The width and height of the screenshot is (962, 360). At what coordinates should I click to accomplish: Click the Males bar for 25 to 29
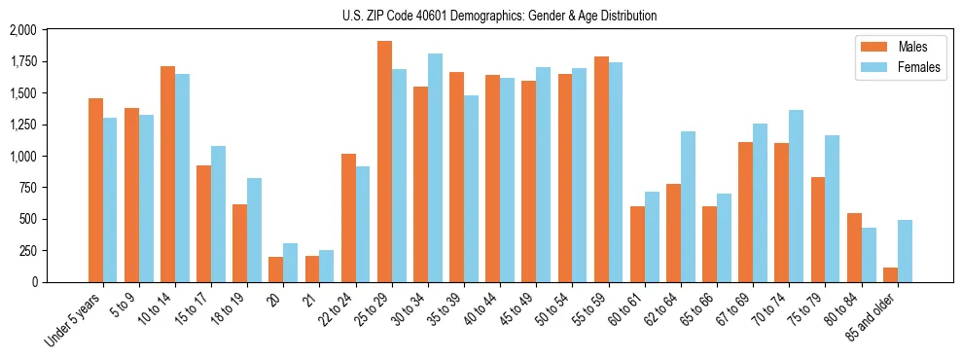[x=384, y=162]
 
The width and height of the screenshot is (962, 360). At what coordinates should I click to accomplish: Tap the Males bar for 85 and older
[x=890, y=274]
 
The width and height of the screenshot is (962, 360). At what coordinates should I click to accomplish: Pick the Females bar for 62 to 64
[x=688, y=206]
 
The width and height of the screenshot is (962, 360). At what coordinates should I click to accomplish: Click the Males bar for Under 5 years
[x=95, y=190]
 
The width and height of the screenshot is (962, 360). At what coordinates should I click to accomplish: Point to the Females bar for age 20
[x=291, y=263]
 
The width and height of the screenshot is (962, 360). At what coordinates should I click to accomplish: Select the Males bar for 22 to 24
[x=348, y=218]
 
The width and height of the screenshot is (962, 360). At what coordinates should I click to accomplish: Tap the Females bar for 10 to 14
[x=182, y=178]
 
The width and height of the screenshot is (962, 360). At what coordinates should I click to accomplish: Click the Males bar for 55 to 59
[x=601, y=169]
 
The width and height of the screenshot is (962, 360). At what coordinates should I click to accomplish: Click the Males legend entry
[x=895, y=47]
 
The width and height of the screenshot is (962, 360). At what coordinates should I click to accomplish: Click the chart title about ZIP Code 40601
[x=499, y=16]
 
